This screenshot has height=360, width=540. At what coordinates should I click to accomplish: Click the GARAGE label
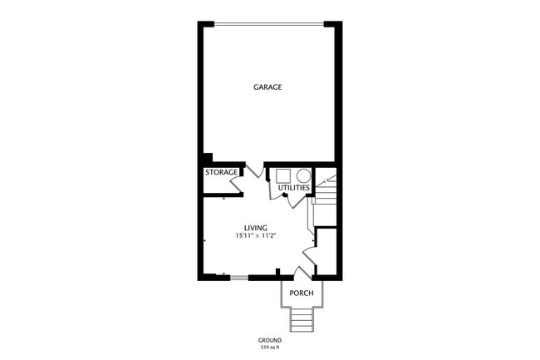coord(268,86)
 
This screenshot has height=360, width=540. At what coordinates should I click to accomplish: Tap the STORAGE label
coord(222,173)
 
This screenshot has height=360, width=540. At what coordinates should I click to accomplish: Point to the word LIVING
coord(255,228)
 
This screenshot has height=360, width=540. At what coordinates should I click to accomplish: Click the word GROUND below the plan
coord(269,340)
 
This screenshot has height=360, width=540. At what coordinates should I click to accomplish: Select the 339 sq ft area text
coord(269,347)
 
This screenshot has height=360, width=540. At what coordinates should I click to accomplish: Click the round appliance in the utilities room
coord(302,175)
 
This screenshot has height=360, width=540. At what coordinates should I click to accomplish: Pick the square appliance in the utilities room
coord(283,175)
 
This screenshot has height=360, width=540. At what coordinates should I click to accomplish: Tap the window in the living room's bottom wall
coord(238,277)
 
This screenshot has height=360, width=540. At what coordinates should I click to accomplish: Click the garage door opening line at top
coord(268,23)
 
